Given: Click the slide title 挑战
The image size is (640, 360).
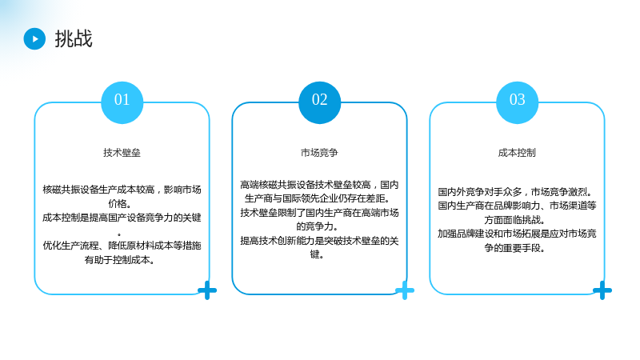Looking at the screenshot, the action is tap(74, 38).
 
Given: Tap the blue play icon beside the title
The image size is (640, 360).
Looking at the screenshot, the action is tap(34, 38).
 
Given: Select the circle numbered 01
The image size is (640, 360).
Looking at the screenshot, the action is tap(122, 102).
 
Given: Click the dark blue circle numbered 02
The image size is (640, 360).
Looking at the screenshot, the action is tap(319, 102).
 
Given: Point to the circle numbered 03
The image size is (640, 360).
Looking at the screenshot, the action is tap(517, 102).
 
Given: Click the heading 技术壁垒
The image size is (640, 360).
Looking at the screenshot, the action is tap(122, 153).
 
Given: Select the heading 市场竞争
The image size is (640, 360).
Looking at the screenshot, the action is tap(319, 153).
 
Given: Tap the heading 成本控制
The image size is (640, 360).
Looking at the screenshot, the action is tap(517, 153).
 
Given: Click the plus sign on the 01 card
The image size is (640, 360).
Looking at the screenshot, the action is tap(207, 290).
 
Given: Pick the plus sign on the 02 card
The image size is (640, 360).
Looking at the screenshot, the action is tap(405, 290).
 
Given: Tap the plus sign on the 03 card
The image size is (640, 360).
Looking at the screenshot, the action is tap(602, 290).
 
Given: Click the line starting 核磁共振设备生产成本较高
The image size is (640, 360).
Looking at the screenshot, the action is tap(122, 190).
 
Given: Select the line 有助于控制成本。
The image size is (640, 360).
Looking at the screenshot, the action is tap(119, 259).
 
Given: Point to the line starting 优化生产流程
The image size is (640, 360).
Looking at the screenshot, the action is tap(122, 246).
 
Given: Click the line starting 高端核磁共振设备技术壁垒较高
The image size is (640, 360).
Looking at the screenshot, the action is tap(319, 185).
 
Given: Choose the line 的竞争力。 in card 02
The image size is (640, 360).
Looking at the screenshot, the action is tap(317, 226).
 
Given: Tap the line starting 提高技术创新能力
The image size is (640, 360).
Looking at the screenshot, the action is tap(319, 241).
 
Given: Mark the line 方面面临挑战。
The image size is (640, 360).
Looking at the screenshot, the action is tap(514, 219).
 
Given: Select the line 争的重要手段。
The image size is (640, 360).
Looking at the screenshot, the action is tap(514, 248).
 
